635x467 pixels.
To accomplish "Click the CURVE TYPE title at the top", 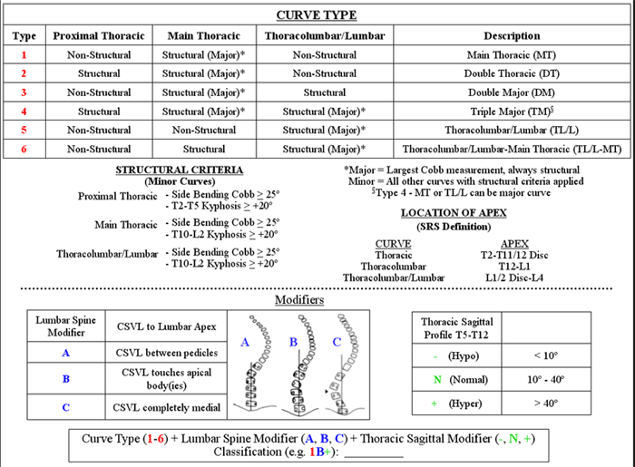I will point(316,15).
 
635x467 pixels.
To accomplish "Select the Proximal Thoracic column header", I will point(98,36).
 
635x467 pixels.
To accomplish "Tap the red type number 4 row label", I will point(25,112).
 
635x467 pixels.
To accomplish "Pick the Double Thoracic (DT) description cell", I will point(512,73).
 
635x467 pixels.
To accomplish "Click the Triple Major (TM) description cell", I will point(512,112).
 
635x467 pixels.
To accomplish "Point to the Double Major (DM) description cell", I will point(512,92).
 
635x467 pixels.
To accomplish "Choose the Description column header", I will point(512,36).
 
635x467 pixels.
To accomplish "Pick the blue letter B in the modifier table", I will point(65,379).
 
